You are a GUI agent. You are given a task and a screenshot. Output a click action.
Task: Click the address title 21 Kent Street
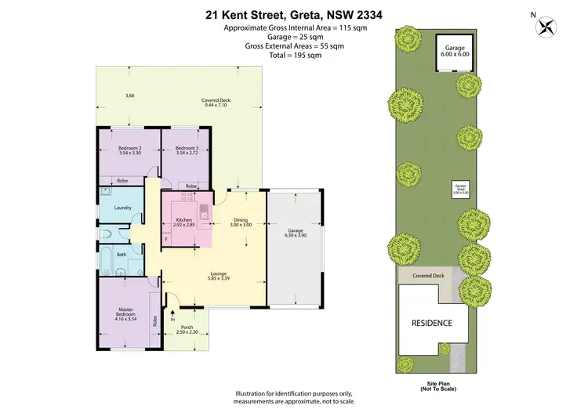[295, 13]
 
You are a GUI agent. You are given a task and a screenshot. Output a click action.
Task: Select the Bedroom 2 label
[129, 148]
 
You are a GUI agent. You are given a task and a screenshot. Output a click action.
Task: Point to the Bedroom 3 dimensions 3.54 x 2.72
[186, 154]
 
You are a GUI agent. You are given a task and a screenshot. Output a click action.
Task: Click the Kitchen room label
[184, 219]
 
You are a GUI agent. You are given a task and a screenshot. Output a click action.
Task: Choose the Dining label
[241, 219]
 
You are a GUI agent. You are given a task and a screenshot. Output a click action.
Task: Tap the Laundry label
[122, 208]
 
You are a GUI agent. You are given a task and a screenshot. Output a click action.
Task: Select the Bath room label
[122, 254]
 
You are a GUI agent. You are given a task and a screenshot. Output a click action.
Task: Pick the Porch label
[187, 327]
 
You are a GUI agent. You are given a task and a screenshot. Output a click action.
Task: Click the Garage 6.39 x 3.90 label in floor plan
[294, 233]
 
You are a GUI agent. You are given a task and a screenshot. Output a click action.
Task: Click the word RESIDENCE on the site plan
[432, 323]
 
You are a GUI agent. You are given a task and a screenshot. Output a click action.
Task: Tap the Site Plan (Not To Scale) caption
[433, 385]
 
